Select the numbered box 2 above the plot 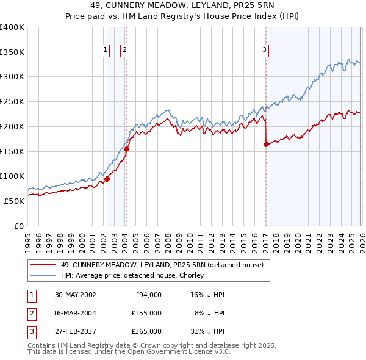click(x=124, y=51)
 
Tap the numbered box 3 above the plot click(x=265, y=51)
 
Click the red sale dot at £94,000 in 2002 click(x=107, y=179)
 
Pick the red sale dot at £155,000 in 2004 click(x=126, y=149)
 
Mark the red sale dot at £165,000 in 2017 click(x=266, y=144)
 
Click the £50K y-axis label click(x=15, y=201)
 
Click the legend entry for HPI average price click(x=132, y=276)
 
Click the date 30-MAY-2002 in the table click(x=75, y=294)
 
